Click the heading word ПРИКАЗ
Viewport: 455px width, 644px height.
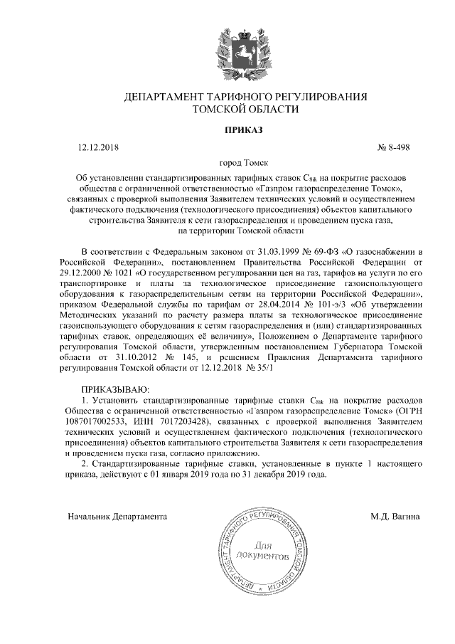tap(227, 130)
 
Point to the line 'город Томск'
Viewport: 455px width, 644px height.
tap(227, 162)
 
